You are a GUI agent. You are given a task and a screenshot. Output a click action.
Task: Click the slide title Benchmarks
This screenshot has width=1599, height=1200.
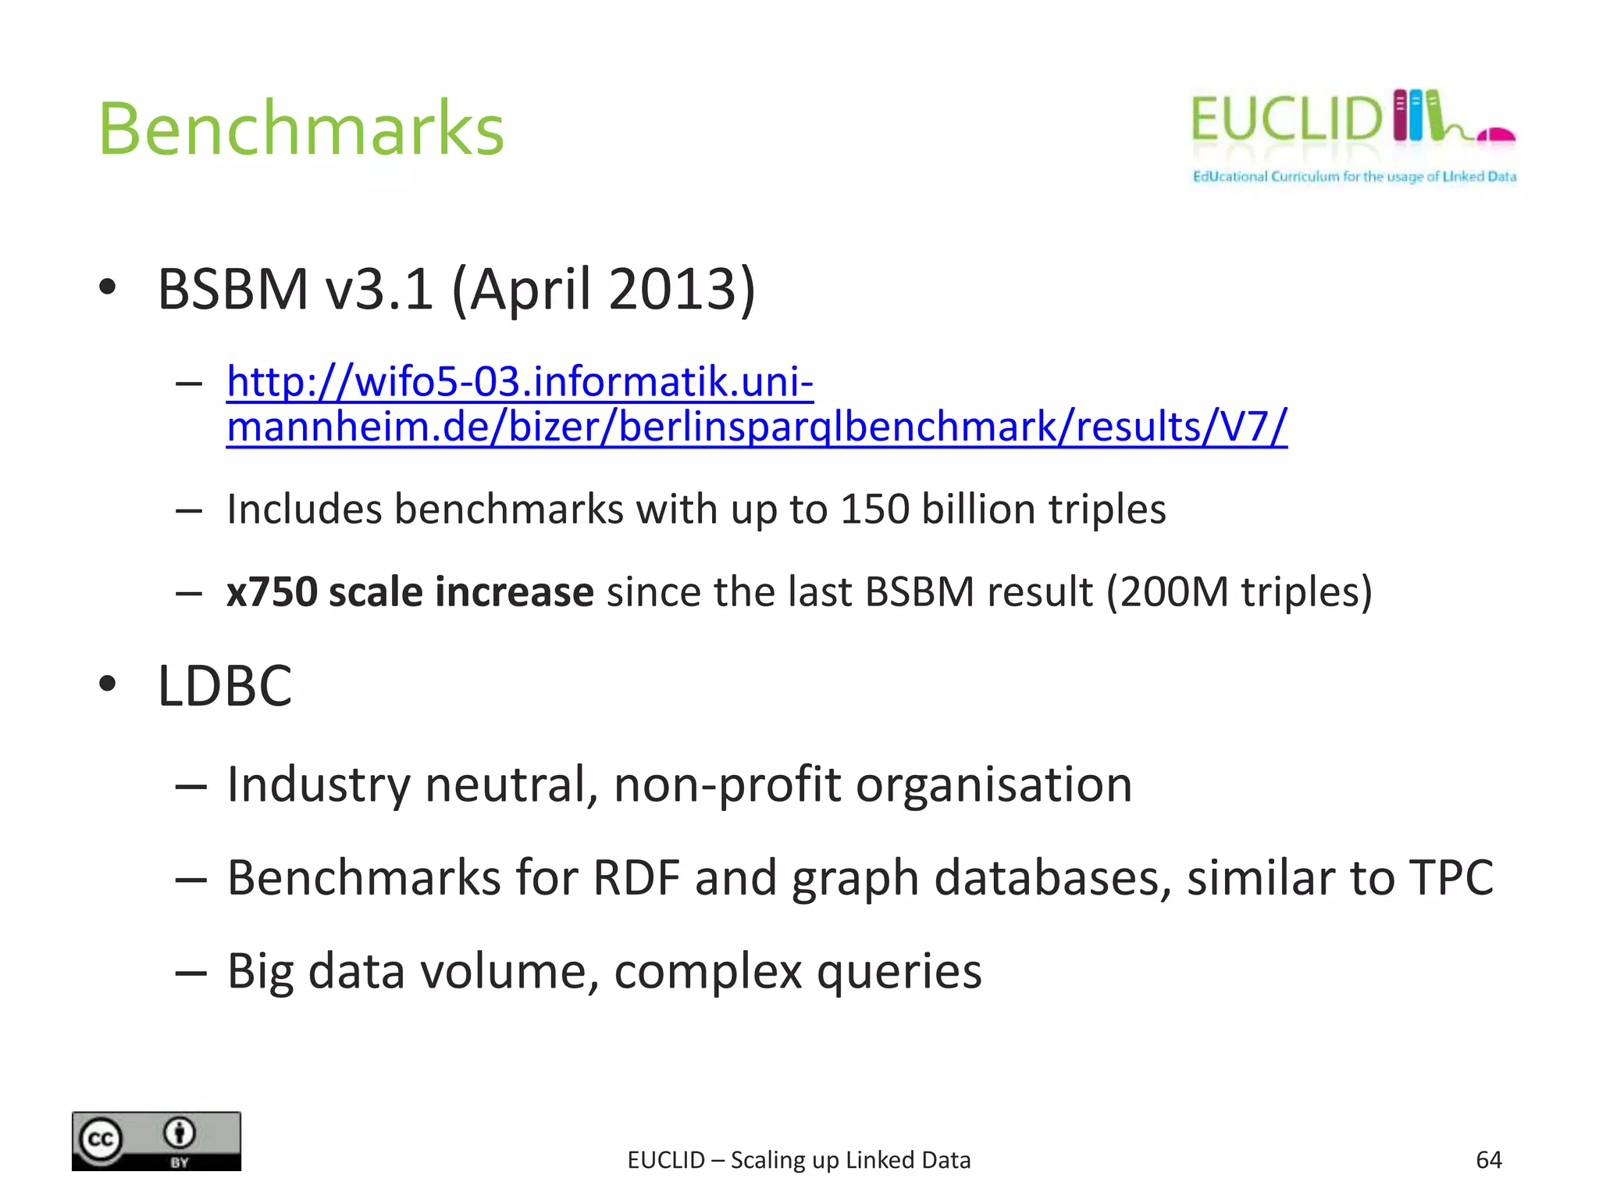(301, 129)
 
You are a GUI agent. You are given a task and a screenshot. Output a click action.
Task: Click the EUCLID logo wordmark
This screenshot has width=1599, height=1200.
(1287, 120)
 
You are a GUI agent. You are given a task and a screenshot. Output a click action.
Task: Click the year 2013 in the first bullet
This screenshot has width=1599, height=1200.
(672, 289)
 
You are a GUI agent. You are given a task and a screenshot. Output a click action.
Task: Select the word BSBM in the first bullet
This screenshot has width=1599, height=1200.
(233, 289)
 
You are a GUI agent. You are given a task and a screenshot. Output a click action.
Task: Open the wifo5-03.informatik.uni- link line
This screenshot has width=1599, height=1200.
(520, 382)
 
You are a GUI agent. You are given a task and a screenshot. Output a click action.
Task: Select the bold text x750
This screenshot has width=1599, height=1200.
(272, 591)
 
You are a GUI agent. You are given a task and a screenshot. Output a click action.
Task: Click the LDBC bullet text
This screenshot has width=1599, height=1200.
(225, 686)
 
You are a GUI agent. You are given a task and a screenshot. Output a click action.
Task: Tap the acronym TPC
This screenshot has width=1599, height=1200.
(1451, 877)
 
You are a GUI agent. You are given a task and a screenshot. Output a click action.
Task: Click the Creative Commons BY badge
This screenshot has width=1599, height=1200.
(156, 1141)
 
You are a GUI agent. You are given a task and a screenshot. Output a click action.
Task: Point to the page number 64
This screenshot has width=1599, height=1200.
(1488, 1160)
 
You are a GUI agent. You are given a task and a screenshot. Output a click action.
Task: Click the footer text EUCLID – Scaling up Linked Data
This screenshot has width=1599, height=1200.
(799, 1160)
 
